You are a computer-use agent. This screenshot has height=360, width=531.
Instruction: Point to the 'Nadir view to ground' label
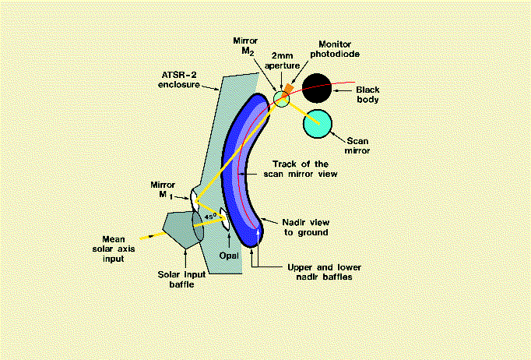pos(304,227)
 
